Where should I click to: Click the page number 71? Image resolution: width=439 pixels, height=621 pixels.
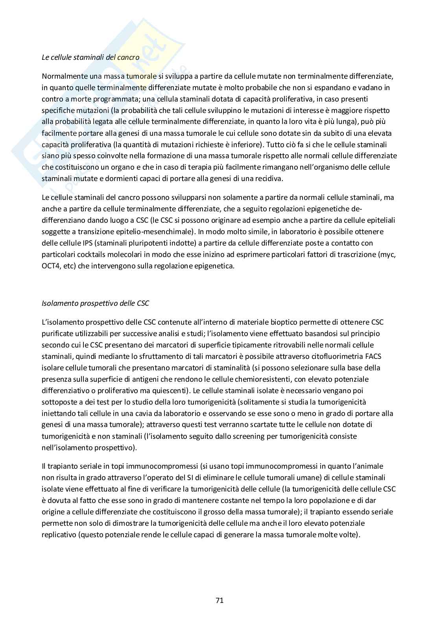[219, 600]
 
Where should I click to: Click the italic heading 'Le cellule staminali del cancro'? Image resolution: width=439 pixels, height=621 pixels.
[90, 57]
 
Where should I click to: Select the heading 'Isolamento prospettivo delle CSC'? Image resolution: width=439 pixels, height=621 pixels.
[95, 303]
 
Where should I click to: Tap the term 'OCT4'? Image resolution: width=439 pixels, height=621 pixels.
[51, 266]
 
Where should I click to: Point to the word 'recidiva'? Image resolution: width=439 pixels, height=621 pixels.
[269, 179]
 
